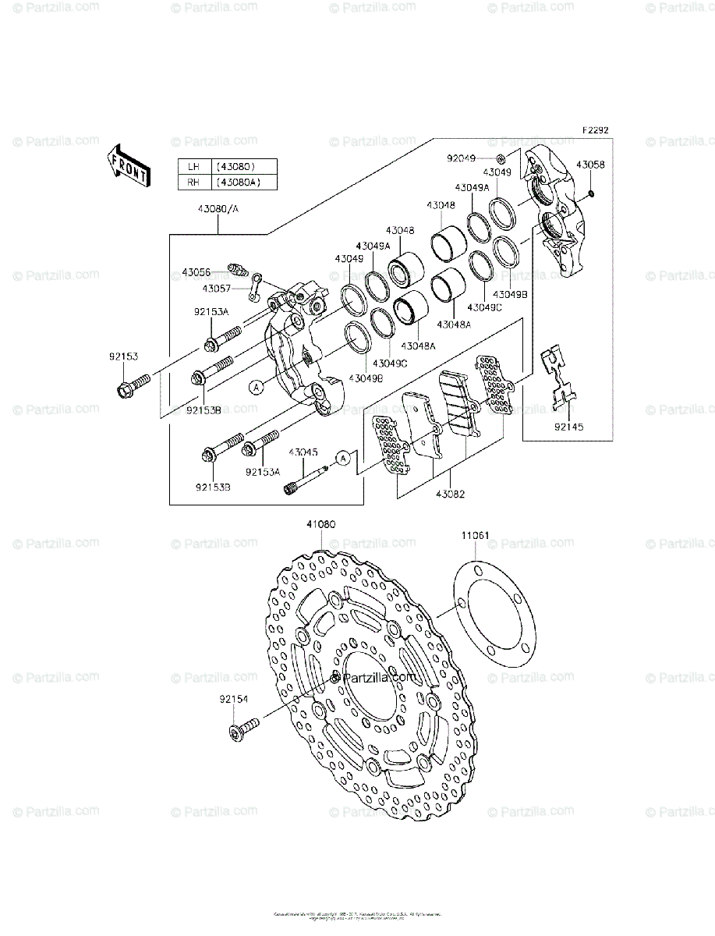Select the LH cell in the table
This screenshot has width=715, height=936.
[192, 166]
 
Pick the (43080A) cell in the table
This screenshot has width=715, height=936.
[235, 183]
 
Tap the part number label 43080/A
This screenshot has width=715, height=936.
[218, 209]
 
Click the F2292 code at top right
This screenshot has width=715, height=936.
[594, 132]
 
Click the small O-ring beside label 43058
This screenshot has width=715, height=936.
[592, 193]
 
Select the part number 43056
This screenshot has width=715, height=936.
[196, 272]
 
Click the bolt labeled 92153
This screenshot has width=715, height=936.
[132, 384]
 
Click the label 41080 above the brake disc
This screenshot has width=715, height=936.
[320, 525]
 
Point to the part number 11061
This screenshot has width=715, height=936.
[475, 536]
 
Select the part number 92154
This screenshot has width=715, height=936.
[233, 700]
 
